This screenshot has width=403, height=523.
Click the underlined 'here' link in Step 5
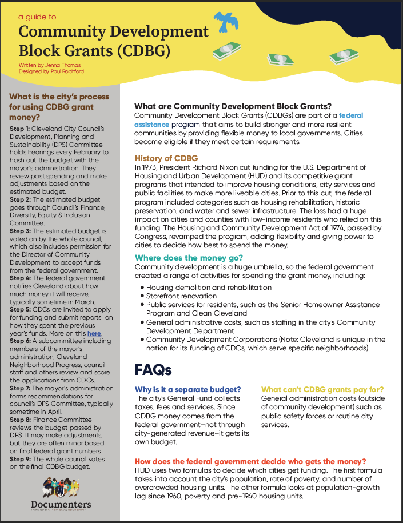coord(94,332)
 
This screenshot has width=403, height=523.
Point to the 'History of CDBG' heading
coord(166,158)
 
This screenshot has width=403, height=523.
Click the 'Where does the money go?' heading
coord(185,258)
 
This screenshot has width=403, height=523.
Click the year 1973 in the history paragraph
coord(152,167)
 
